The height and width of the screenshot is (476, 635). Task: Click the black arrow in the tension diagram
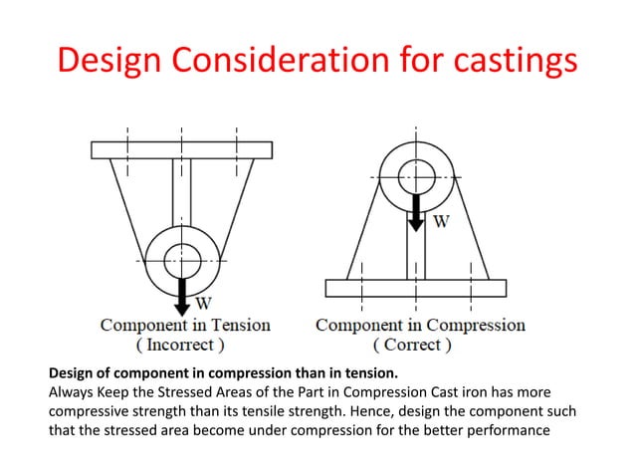pyautogui.click(x=182, y=291)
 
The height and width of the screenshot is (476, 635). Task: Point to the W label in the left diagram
pyautogui.click(x=203, y=303)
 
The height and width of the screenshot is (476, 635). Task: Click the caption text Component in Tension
pyautogui.click(x=184, y=325)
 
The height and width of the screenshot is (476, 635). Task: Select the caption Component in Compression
pyautogui.click(x=420, y=325)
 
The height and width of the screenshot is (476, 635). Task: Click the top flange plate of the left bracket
pyautogui.click(x=182, y=149)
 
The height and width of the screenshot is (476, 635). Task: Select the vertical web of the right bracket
pyautogui.click(x=417, y=249)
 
